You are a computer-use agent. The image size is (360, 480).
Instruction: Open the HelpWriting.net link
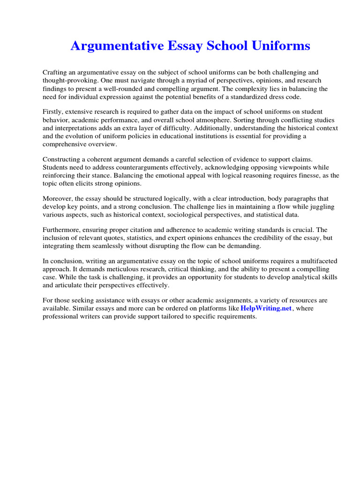click(266, 308)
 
